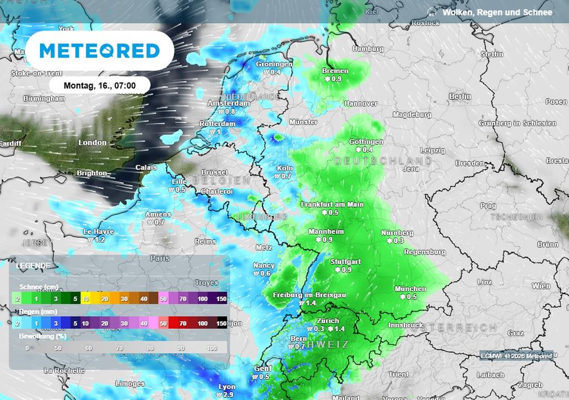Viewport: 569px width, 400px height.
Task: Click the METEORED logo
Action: [x=99, y=51]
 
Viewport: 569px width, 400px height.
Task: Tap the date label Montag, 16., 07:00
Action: [x=99, y=86]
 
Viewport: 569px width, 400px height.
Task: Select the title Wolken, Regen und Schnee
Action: [x=497, y=12]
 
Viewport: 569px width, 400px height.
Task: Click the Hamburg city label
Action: [x=368, y=49]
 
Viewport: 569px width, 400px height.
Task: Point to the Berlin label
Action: [x=460, y=96]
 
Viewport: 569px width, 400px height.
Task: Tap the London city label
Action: [x=92, y=143]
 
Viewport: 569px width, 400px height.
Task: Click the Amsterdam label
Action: [x=228, y=103]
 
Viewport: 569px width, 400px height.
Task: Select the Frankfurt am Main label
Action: [x=332, y=204]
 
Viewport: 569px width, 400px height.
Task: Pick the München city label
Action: [x=410, y=289]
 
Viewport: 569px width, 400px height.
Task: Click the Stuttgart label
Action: [x=346, y=262]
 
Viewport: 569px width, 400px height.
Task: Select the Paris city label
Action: [x=159, y=258]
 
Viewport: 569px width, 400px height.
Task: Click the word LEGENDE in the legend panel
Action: [x=33, y=266]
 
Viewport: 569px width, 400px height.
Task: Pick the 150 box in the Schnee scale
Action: [x=221, y=299]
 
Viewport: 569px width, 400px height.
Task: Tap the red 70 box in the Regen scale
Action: [x=183, y=323]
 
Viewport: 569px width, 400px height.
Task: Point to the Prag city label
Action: [x=488, y=206]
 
